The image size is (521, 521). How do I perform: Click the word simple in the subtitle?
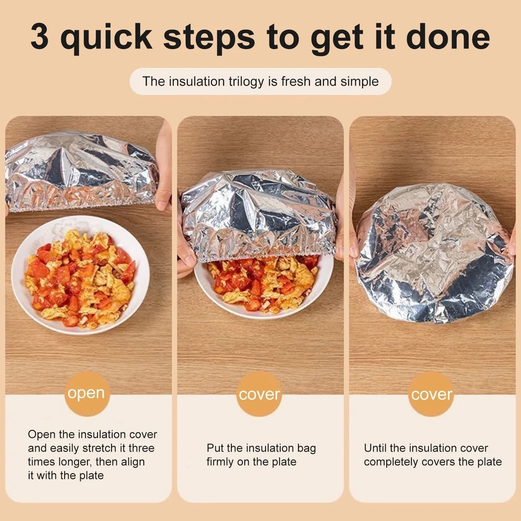[359, 81]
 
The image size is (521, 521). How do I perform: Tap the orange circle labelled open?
[86, 394]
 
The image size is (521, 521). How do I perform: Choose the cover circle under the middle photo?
[259, 394]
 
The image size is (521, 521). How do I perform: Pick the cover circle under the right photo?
[431, 394]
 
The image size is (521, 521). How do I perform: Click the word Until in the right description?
[375, 448]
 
